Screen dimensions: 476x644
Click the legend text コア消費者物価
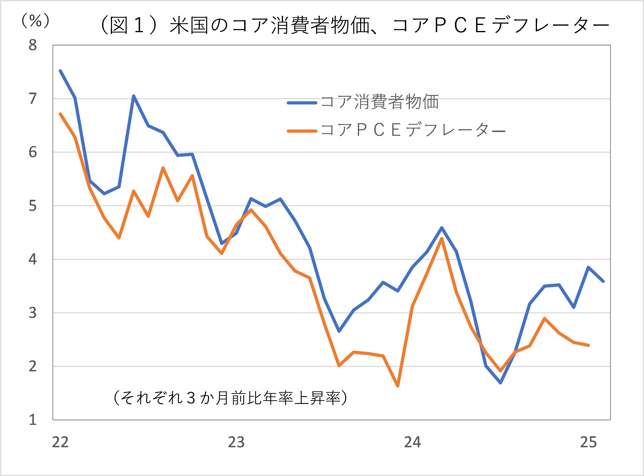(x=380, y=102)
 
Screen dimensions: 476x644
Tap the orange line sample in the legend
(x=302, y=131)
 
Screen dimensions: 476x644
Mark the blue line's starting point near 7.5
(x=60, y=71)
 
